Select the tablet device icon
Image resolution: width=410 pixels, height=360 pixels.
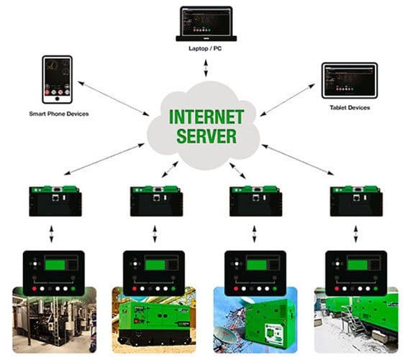[349, 80]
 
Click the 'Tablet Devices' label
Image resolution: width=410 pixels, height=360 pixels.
[349, 107]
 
